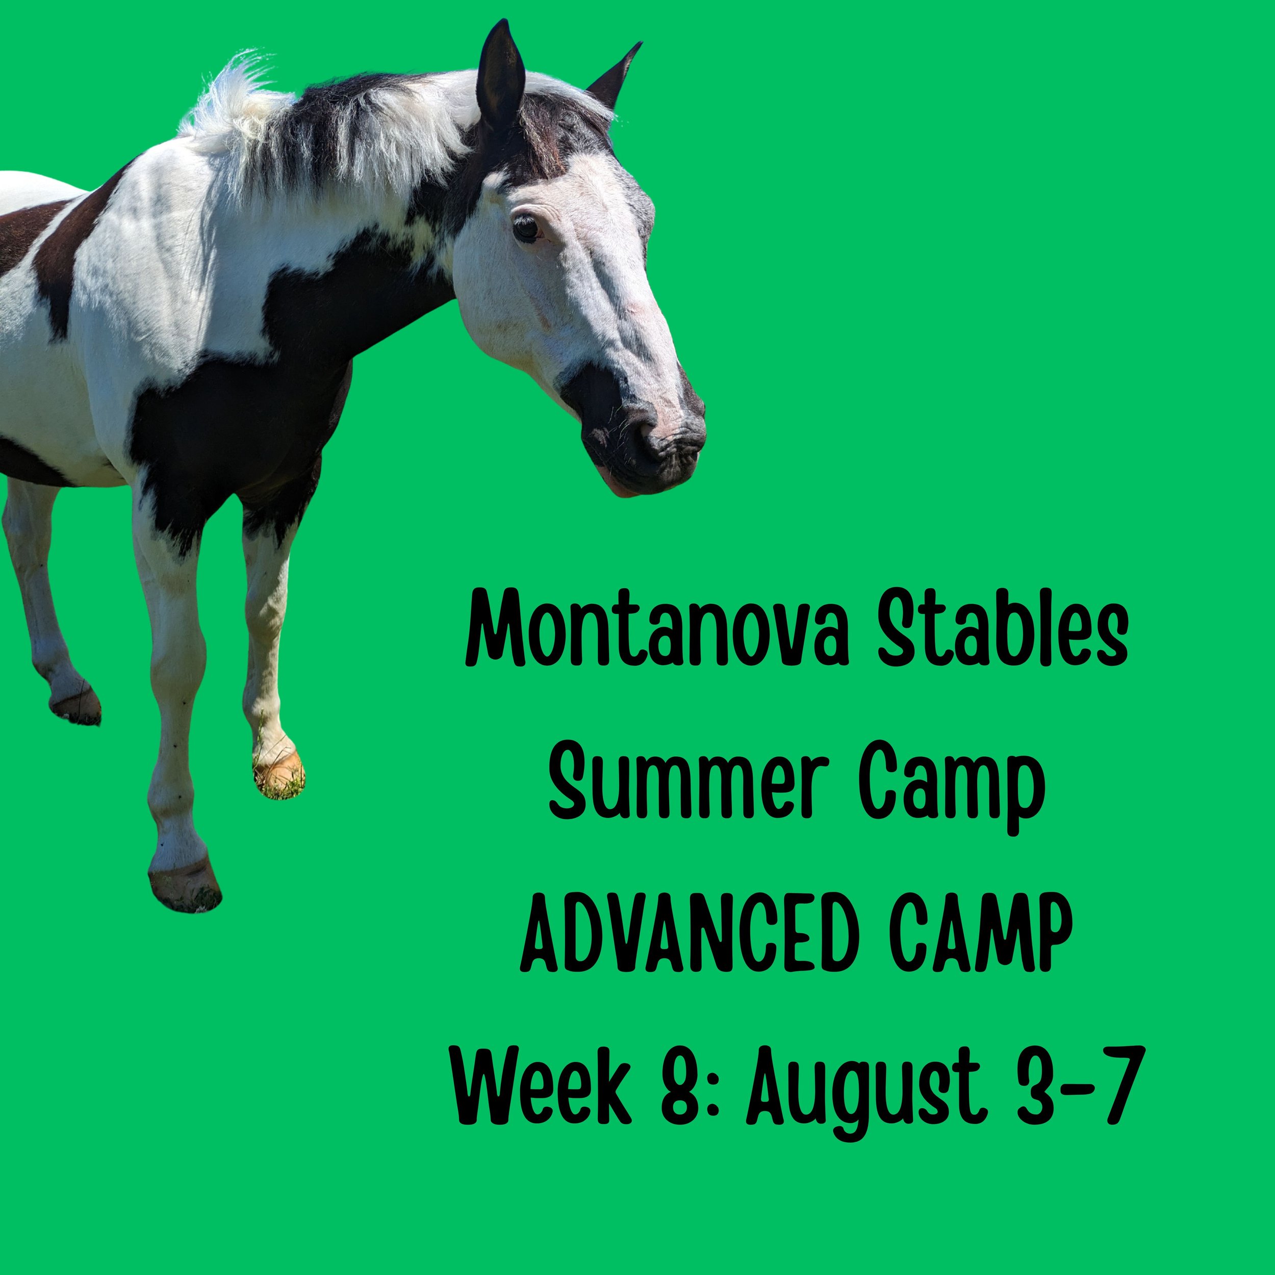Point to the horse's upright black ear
click(x=500, y=72)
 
